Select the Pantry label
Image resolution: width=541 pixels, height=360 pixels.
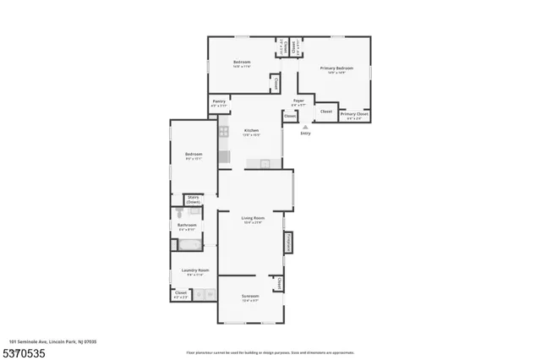tap(219, 101)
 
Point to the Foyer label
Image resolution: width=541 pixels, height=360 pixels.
tap(298, 101)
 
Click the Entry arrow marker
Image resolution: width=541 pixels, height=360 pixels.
tap(305, 123)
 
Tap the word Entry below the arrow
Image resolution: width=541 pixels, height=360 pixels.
tap(305, 133)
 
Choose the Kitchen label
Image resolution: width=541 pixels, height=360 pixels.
tap(251, 131)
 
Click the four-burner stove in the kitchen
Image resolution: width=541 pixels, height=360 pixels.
tap(224, 131)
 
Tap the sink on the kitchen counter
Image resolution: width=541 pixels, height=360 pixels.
tap(265, 163)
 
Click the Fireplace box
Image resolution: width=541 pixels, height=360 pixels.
tap(288, 242)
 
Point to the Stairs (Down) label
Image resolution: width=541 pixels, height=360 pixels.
tap(194, 199)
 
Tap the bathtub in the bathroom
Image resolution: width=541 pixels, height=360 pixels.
tap(188, 245)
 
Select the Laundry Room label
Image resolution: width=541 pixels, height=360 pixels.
tap(194, 271)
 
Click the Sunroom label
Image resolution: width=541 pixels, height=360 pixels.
tap(250, 297)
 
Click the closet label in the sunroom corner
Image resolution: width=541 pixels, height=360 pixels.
tap(279, 283)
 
